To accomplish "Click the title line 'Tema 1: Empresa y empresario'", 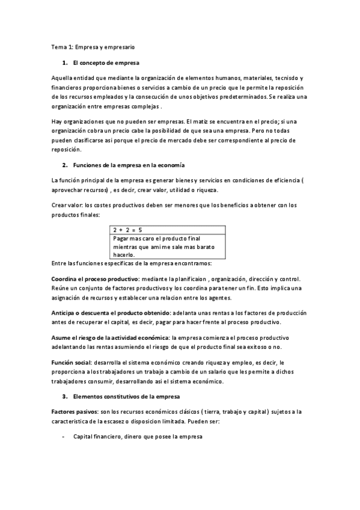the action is pos(93,46).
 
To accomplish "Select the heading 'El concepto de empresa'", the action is pos(106,63).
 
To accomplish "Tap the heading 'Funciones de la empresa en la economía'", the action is pos(129,164).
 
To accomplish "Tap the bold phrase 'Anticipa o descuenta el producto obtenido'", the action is pos(111,313).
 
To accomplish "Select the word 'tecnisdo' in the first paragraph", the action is pos(284,79).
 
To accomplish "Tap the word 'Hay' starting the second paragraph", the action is pos(57,122).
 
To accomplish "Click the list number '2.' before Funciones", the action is pos(64,164).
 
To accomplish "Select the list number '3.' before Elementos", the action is pos(64,396).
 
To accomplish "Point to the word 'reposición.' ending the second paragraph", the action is pos(68,150).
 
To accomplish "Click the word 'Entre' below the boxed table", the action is pos(59,264).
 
